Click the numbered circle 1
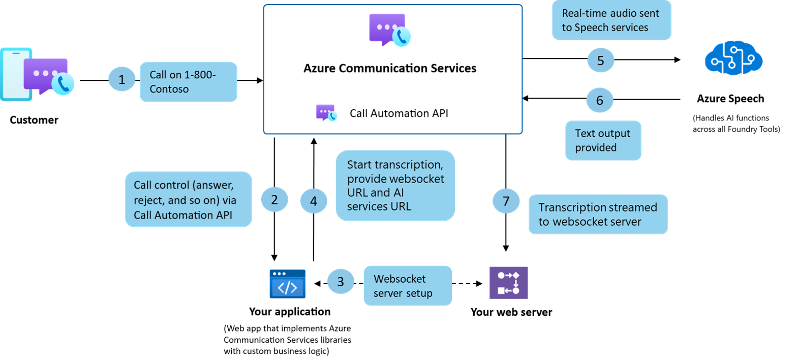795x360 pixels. pos(121,79)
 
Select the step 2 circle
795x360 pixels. pos(274,200)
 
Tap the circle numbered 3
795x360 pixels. pos(341,282)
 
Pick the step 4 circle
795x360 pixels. pos(314,201)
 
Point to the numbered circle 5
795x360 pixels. pos(600,61)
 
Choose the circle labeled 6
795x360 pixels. pos(600,100)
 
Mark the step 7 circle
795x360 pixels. pos(506,201)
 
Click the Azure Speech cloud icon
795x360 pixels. pos(733,58)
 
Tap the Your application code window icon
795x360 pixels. pos(288,284)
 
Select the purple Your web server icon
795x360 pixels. pos(509,283)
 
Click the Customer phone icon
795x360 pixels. pos(37,75)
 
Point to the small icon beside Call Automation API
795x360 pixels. pos(326,112)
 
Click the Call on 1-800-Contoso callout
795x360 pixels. pos(189,82)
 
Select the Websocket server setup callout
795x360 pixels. pos(408,286)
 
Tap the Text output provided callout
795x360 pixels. pos(603,140)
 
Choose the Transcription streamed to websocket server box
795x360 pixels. pos(598,215)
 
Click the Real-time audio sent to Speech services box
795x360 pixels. pos(611,20)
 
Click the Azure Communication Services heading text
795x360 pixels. pos(390,68)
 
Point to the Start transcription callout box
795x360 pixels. pos(395,186)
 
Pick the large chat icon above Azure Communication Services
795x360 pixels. pos(390,30)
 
